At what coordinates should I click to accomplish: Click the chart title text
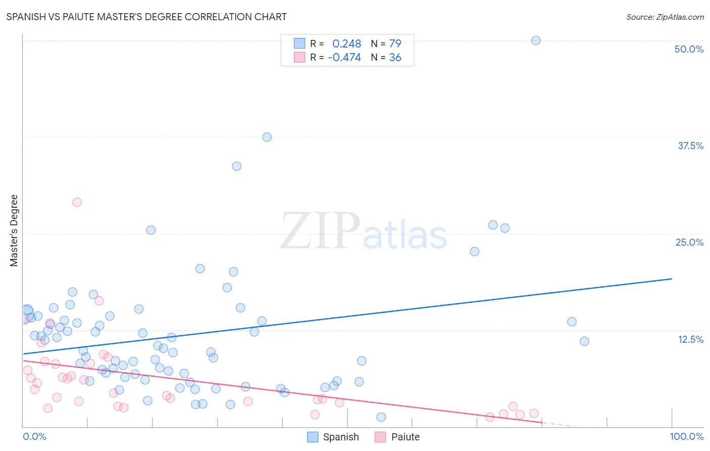pos(146,17)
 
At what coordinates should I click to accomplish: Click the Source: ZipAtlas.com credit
pos(665,17)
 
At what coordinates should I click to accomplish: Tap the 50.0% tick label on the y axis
pos(688,49)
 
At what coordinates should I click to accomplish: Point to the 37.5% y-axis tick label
pos(690,146)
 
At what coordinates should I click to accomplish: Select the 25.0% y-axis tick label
pos(689,242)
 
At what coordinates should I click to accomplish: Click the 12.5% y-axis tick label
pos(690,339)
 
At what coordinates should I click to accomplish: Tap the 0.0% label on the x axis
pos(34,436)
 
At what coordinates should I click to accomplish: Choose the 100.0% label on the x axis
pos(686,436)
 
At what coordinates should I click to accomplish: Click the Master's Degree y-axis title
pos(14,231)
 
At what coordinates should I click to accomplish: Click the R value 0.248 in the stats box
pos(346,43)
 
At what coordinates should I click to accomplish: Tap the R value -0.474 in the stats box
pos(344,58)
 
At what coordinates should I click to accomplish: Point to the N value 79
pos(395,43)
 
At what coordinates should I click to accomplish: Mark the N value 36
pos(395,58)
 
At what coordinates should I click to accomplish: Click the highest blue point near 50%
pos(536,40)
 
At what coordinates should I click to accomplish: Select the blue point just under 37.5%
pos(267,137)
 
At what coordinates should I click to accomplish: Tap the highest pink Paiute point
pos(77,202)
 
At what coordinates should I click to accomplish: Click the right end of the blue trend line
pos(672,279)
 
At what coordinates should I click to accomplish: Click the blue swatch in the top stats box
pos(299,43)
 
